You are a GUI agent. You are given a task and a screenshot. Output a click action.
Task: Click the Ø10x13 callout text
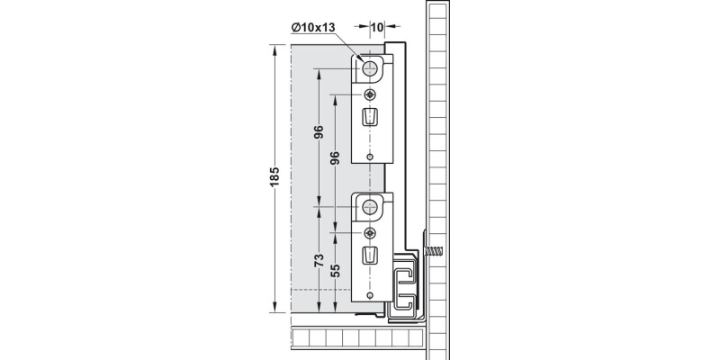point(313,28)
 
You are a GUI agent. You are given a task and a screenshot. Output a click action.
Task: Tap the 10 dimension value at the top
point(377,28)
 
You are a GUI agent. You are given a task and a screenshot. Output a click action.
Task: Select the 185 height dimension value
point(274,176)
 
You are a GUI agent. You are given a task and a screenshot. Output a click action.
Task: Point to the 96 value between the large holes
point(319,131)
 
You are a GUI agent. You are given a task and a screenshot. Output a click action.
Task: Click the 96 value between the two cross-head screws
point(335,157)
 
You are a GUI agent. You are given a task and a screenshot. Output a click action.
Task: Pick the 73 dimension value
point(319,260)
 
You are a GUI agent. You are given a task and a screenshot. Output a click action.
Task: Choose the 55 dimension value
point(335,271)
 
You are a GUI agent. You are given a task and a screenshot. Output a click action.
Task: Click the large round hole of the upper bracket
point(369,69)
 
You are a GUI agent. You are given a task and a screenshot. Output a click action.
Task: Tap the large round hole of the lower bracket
point(369,207)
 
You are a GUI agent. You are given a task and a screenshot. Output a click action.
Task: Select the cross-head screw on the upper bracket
point(370,95)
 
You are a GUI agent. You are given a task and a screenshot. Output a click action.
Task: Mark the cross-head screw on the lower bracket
point(370,233)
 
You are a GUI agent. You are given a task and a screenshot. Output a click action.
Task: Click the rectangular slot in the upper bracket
point(370,117)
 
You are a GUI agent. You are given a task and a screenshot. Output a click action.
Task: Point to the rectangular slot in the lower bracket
point(370,256)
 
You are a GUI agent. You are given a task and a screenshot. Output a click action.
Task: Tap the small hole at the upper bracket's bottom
point(370,157)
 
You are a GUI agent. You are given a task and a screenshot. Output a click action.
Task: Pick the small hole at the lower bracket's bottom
point(370,295)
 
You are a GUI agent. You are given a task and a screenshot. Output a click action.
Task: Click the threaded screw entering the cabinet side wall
point(434,251)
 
